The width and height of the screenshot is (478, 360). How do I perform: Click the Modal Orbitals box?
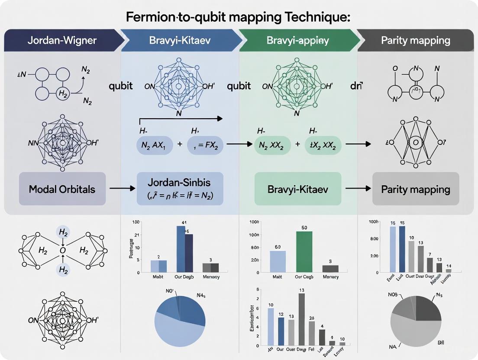tap(62, 189)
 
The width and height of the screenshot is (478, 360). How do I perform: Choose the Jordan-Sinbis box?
tap(180, 189)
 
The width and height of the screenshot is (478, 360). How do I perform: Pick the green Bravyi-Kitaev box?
tap(297, 189)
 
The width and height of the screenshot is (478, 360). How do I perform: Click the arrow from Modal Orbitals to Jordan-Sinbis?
tap(121, 189)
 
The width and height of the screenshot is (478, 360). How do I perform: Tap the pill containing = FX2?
tap(205, 146)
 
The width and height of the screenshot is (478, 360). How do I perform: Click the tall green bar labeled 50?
tap(304, 251)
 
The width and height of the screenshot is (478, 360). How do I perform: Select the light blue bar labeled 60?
tap(278, 261)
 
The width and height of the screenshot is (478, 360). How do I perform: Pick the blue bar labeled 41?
tap(181, 249)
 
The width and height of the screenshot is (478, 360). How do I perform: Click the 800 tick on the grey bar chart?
tap(374, 238)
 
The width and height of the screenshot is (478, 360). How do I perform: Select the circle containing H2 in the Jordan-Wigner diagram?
tap(63, 94)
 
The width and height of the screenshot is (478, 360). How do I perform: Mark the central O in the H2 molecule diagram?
tap(63, 250)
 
